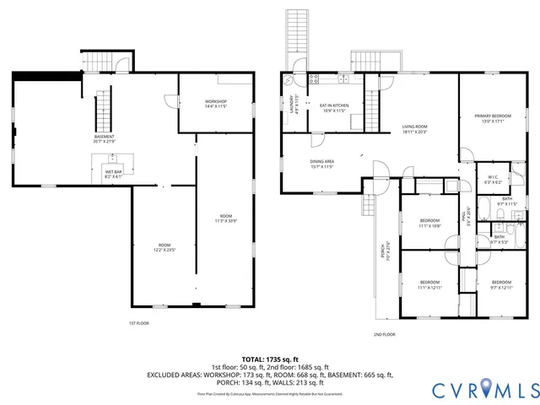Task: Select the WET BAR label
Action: coord(113,174)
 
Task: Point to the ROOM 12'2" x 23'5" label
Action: coord(165,248)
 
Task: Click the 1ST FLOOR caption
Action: coord(139,324)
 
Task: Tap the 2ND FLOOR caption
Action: coord(384,334)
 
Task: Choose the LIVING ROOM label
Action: coord(414,129)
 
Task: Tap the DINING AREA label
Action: coord(323,164)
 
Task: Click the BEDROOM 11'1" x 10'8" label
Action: coord(429,224)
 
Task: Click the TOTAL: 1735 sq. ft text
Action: coord(270,359)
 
